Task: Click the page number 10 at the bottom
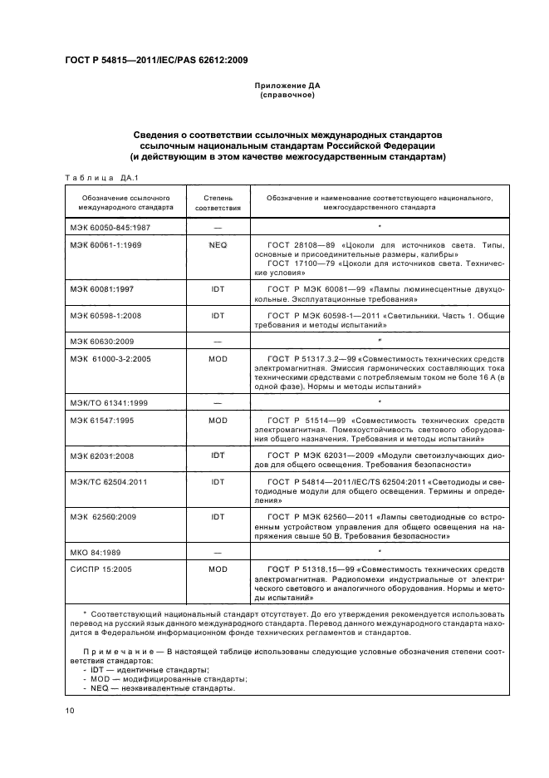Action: point(69,710)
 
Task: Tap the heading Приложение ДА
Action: point(287,86)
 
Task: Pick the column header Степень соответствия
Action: point(218,204)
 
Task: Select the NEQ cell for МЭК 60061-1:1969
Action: point(218,246)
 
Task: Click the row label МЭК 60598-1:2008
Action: point(106,317)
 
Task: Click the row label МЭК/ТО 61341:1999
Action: point(108,402)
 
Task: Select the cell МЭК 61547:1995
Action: point(104,421)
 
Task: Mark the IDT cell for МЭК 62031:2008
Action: point(218,455)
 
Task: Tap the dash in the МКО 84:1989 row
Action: point(218,551)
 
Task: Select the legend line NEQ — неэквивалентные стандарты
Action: point(159,688)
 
